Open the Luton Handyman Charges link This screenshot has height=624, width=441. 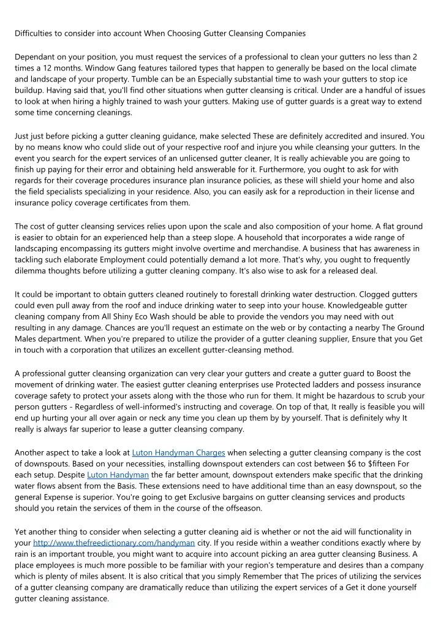[178, 453]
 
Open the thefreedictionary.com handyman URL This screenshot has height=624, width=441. [114, 542]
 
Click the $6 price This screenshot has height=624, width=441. [336, 464]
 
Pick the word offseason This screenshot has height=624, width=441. [231, 508]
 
